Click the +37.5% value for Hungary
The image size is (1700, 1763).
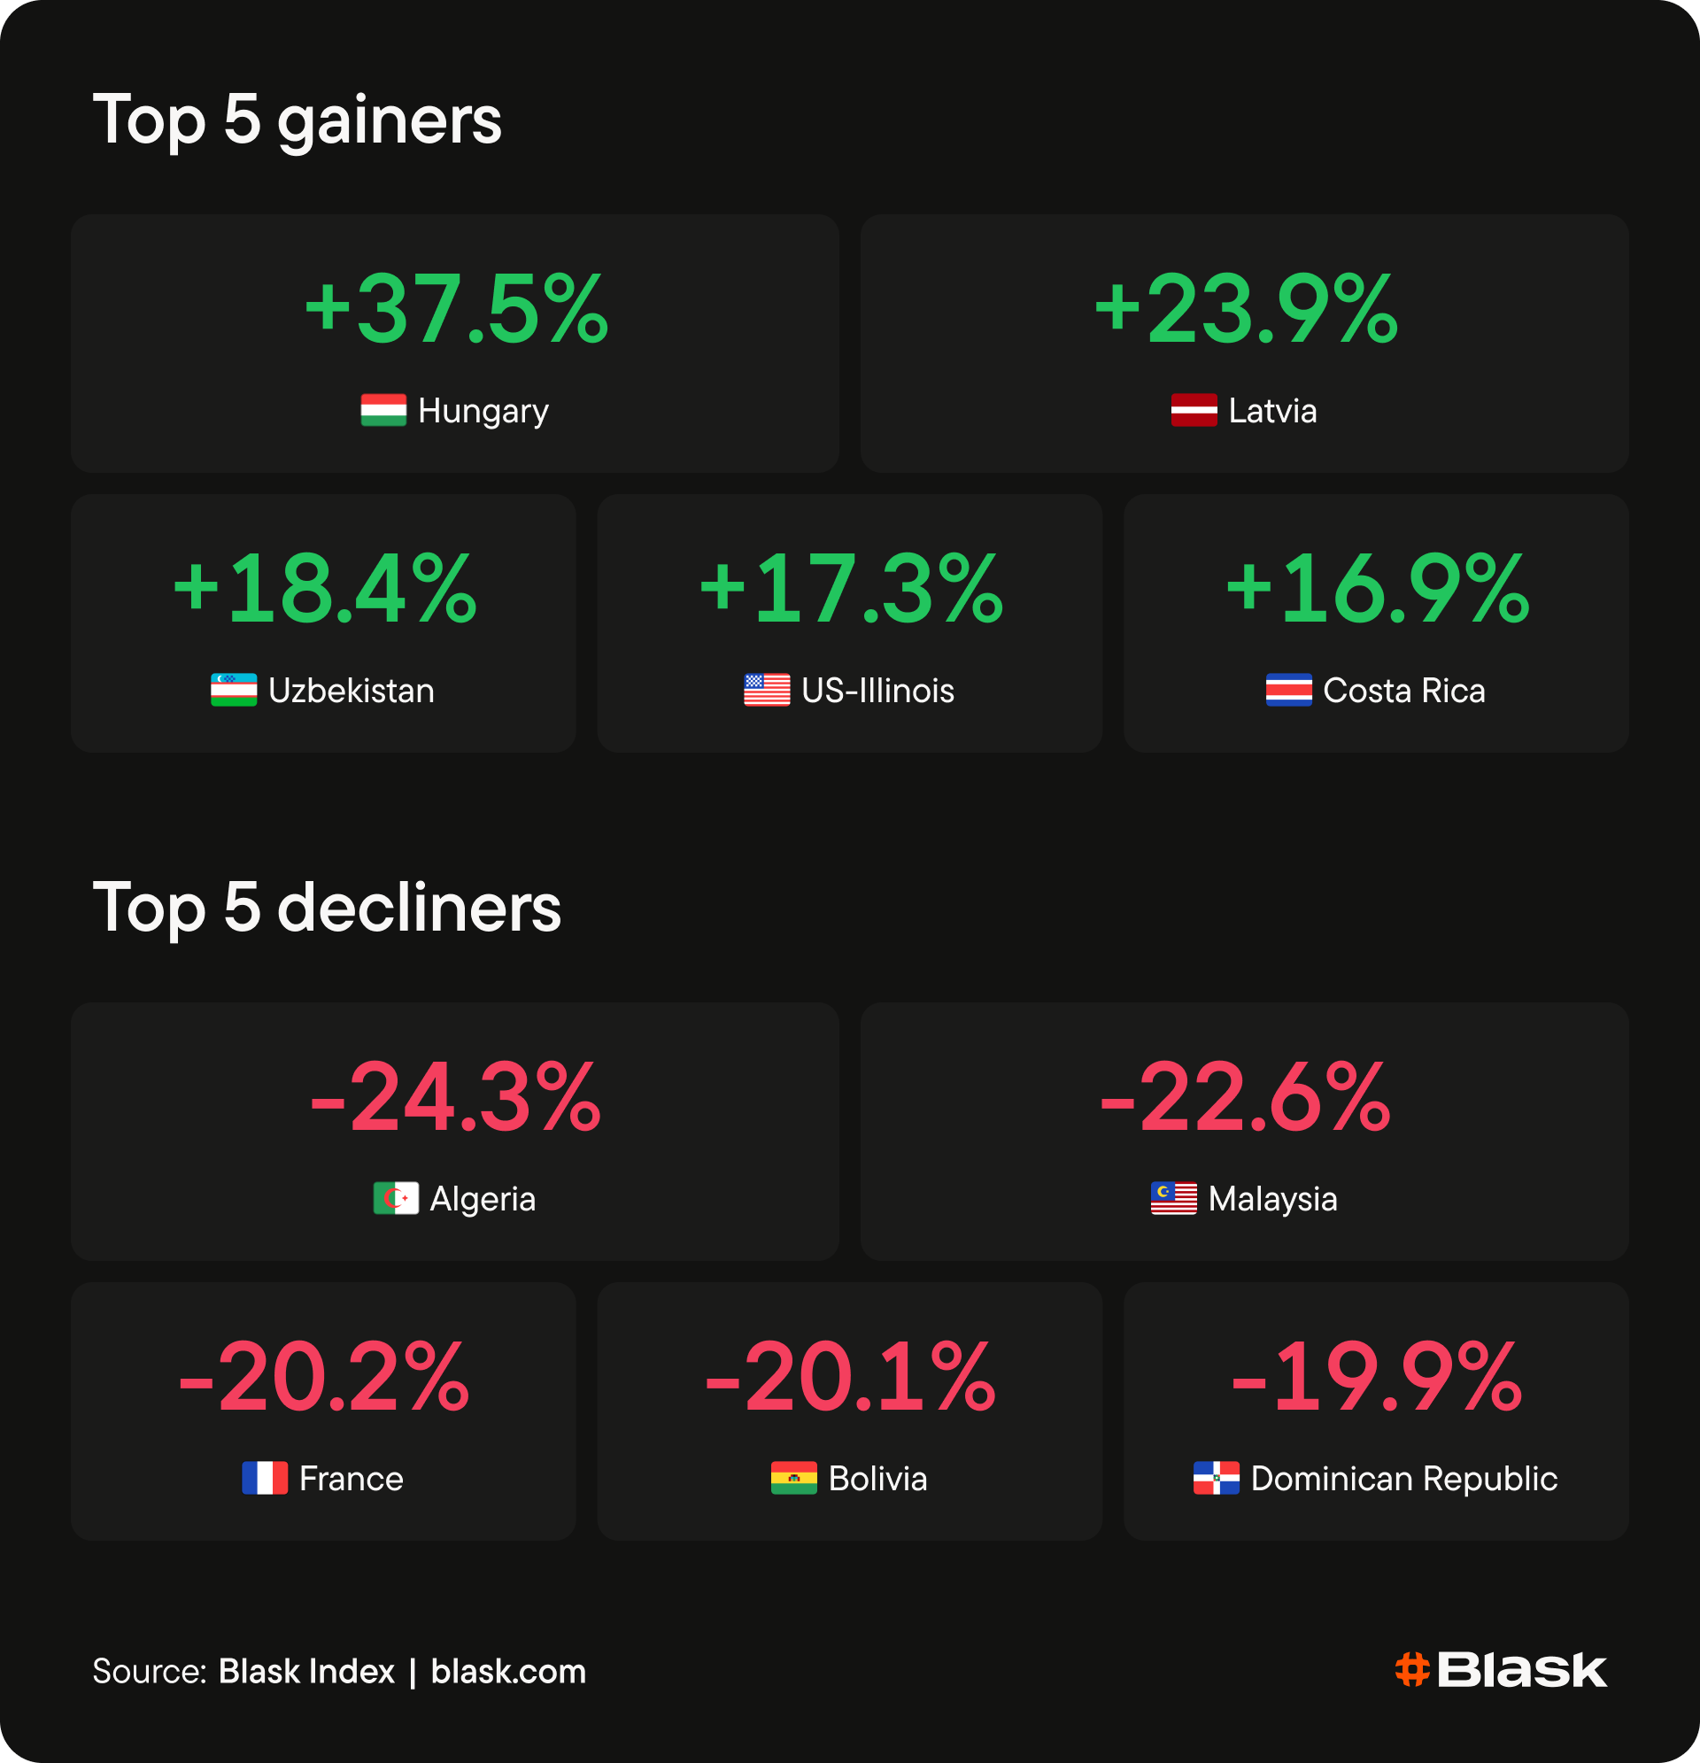point(457,309)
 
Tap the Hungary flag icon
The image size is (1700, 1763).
point(383,410)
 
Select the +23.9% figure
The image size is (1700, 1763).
point(1246,309)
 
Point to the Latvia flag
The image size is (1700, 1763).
point(1194,410)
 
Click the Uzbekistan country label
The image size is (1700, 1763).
point(352,690)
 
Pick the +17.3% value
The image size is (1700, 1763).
point(851,589)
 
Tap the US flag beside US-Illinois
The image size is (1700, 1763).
point(767,690)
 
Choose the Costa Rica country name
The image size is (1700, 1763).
point(1404,690)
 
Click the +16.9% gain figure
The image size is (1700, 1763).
point(1377,589)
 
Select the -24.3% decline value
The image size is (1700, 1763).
point(455,1097)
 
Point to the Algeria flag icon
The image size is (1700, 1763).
point(396,1198)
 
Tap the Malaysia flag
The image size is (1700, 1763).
point(1174,1198)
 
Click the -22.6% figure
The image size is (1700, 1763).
point(1246,1097)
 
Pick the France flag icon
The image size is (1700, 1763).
point(265,1478)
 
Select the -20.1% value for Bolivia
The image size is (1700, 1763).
point(851,1377)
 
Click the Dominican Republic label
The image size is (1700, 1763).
point(1404,1478)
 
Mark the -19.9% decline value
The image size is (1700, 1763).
point(1377,1377)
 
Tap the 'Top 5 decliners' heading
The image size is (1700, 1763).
point(328,909)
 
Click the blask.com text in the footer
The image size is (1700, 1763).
point(508,1671)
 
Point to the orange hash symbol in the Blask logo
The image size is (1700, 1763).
point(1412,1669)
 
